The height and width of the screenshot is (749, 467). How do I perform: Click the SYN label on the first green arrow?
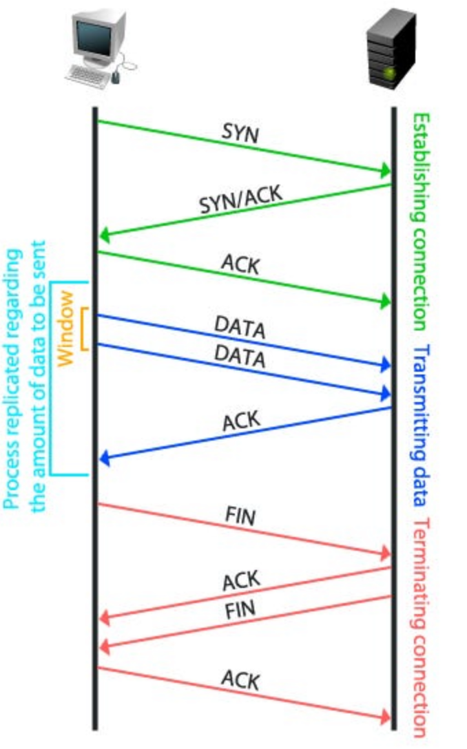[x=240, y=134]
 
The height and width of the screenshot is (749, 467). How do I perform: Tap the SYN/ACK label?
[x=240, y=199]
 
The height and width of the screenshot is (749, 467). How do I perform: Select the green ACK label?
[x=240, y=264]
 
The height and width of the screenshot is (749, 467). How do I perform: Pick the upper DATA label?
[x=240, y=328]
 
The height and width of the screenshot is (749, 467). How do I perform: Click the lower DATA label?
[x=240, y=356]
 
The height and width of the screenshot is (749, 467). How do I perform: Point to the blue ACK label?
[x=240, y=421]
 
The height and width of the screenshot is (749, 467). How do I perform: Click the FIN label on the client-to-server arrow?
[x=240, y=515]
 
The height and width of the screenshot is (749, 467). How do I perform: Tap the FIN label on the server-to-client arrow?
[x=240, y=609]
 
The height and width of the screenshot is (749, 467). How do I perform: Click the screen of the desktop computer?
[x=96, y=35]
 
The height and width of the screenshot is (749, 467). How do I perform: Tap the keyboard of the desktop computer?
[x=87, y=75]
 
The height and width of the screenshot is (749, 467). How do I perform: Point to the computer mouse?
[x=115, y=78]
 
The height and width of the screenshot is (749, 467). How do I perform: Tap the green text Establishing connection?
[x=420, y=222]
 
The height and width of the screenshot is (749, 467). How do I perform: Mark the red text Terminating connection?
[x=420, y=626]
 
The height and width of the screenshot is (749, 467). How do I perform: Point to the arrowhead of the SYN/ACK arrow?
[x=104, y=236]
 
